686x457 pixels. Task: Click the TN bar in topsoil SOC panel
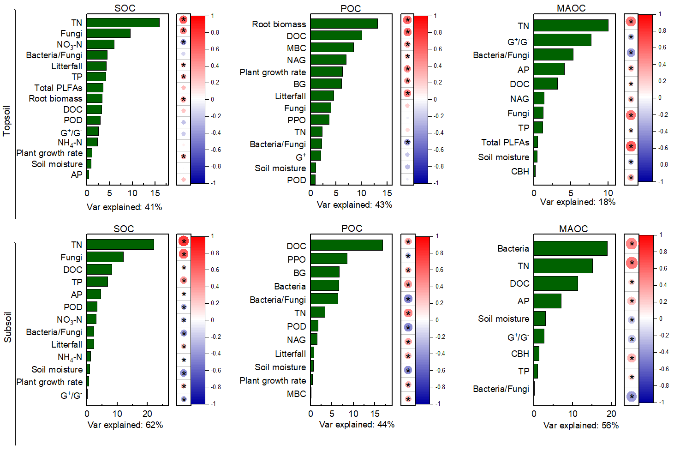123,23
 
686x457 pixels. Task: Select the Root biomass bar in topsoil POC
344,24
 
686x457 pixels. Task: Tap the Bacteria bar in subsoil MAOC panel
570,248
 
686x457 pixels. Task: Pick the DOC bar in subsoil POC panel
346,246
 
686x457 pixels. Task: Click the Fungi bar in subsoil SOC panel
105,257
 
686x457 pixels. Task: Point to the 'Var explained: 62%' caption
125,425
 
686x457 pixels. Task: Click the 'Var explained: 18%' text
578,202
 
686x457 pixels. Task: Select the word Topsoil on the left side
6,121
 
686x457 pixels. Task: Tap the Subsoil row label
7,327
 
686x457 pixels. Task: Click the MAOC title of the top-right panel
571,8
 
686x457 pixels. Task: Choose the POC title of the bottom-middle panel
352,228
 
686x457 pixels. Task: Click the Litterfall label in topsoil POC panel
290,96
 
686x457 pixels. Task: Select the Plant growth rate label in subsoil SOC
49,382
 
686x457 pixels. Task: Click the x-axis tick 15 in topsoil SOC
155,193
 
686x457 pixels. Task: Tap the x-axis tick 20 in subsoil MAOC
611,414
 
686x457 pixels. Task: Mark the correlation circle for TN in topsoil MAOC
631,22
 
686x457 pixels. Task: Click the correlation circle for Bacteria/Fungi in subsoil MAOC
631,396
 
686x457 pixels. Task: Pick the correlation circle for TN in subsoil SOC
184,241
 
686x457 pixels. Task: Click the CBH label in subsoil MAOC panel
520,354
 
